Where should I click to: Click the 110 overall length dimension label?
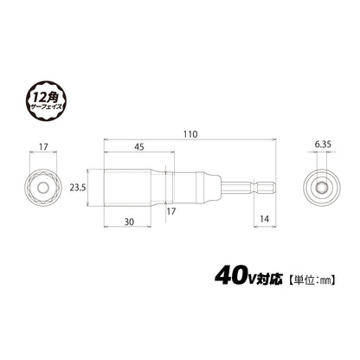click(190, 134)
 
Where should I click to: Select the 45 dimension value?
click(138, 147)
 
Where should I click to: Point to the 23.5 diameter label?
click(77, 188)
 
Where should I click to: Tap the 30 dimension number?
click(129, 222)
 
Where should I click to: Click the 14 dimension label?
click(264, 219)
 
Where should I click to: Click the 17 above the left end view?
click(43, 147)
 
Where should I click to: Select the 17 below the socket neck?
click(170, 211)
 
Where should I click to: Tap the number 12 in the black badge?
click(41, 99)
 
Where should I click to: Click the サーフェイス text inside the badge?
click(46, 107)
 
